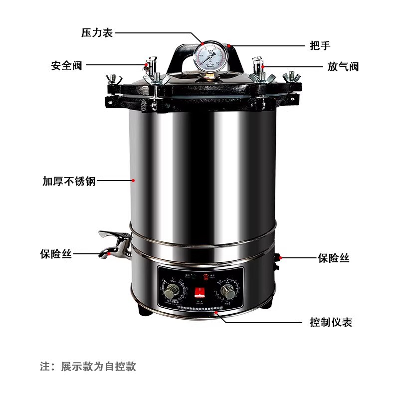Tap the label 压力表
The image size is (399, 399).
tap(97, 33)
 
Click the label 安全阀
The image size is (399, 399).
tap(66, 65)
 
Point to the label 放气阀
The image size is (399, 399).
tap(343, 66)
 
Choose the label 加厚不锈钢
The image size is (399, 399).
tap(69, 181)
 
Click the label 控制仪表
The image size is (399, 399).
tap(331, 322)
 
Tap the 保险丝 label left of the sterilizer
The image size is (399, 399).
tap(56, 254)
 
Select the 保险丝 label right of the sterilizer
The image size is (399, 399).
tap(334, 258)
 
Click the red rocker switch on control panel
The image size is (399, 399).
tap(199, 292)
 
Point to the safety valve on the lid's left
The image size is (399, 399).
tap(148, 65)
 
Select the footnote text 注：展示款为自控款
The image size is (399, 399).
tap(88, 367)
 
